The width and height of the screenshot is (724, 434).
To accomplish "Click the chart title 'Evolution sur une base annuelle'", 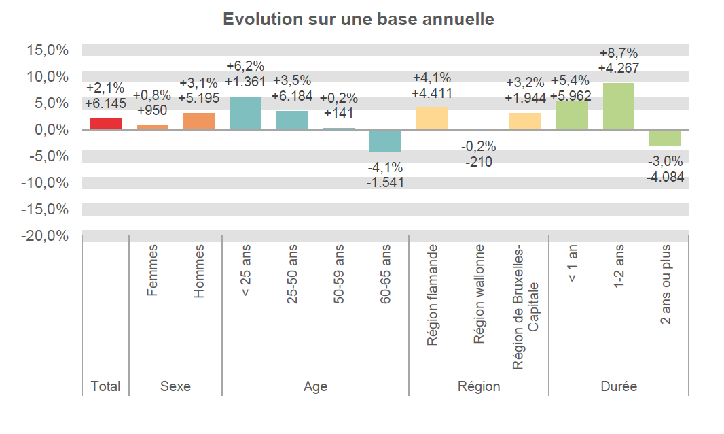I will [359, 20].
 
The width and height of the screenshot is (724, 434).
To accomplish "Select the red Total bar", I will [105, 124].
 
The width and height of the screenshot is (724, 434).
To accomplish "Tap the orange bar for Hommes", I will [198, 121].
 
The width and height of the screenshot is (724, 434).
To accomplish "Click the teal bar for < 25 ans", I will [245, 113].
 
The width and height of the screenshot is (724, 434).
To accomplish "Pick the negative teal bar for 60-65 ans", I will [385, 140].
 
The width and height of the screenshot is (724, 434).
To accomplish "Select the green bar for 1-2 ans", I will [618, 106].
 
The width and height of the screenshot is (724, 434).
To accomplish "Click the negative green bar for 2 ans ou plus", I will [665, 137].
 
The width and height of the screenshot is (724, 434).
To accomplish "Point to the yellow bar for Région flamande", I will [432, 118].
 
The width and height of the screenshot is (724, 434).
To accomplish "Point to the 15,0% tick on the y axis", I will [48, 50].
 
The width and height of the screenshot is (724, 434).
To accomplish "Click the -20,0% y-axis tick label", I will [46, 236].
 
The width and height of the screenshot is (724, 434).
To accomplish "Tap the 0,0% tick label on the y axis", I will [50, 130].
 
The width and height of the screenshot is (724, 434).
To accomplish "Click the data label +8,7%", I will [618, 53].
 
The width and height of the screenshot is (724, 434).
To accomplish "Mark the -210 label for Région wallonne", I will [478, 161].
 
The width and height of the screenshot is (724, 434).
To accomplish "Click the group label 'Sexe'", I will [175, 386].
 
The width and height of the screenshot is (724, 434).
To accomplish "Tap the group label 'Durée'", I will [618, 386].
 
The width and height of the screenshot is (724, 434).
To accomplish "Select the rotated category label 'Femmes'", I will [152, 271].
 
